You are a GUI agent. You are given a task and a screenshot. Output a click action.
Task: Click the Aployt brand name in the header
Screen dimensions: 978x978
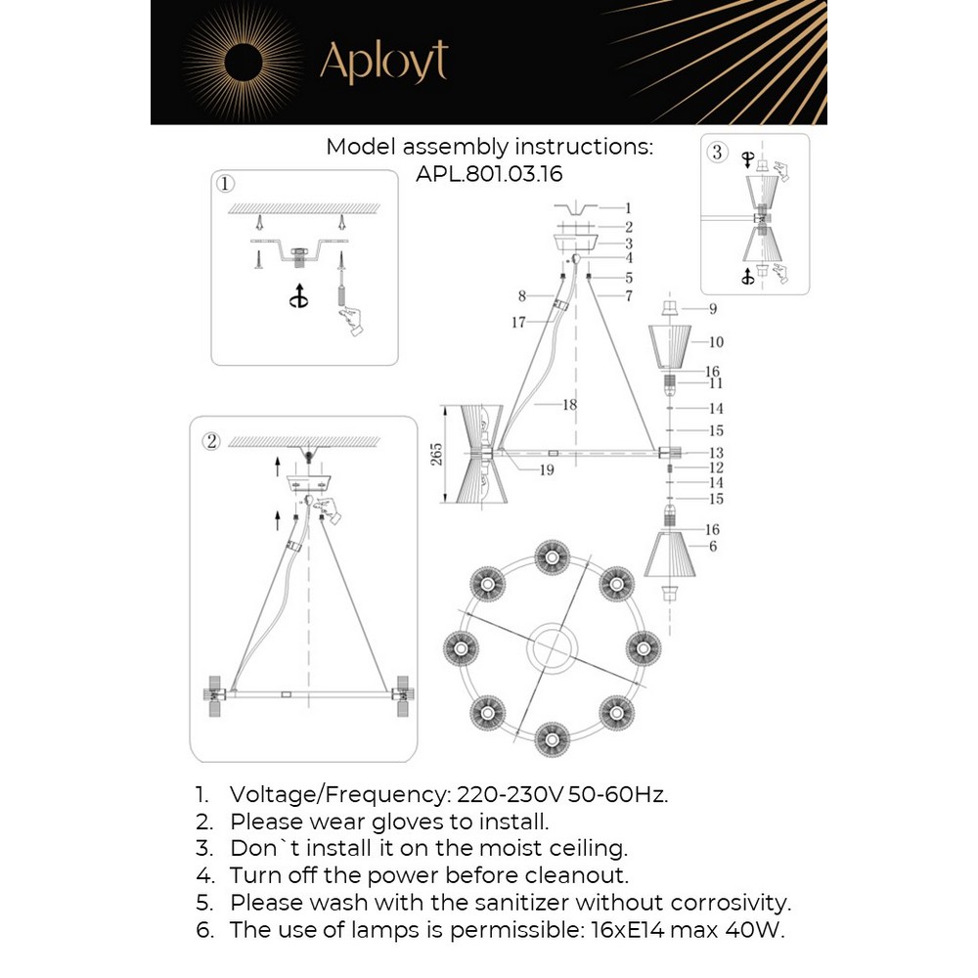(x=383, y=62)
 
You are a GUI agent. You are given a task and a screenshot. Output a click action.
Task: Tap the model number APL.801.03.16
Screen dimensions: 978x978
(x=489, y=173)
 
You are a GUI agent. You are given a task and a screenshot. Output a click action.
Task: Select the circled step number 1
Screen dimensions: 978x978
(x=226, y=183)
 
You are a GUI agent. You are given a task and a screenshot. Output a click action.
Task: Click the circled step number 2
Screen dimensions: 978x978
(x=210, y=440)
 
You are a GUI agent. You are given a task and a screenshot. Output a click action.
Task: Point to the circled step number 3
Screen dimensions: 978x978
(x=718, y=152)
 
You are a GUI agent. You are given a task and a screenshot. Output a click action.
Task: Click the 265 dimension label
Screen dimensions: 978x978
(x=437, y=454)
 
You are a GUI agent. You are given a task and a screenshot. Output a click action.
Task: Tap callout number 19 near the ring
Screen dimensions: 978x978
(x=546, y=470)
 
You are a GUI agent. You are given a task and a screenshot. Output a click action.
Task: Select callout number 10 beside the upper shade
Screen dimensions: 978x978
(x=715, y=342)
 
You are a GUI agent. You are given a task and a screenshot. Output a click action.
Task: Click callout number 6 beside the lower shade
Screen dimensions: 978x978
(x=713, y=547)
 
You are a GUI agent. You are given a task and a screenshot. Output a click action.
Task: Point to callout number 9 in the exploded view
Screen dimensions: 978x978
(x=713, y=309)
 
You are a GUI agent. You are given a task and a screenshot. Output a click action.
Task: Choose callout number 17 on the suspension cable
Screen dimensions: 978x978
(x=518, y=322)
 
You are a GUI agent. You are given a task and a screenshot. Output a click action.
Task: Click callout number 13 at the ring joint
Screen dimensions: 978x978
(x=715, y=453)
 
